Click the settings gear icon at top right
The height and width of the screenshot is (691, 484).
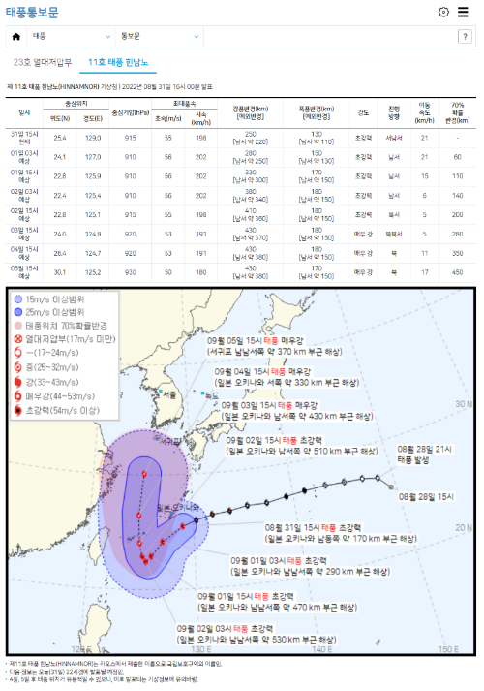(443, 13)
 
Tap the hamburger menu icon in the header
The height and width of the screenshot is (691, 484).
(464, 13)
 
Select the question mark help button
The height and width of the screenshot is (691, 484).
(465, 36)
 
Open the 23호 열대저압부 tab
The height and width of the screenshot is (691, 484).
(43, 63)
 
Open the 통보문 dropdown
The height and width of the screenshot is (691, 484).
(156, 36)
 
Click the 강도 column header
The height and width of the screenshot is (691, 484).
(363, 111)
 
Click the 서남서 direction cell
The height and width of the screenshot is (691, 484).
(394, 138)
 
